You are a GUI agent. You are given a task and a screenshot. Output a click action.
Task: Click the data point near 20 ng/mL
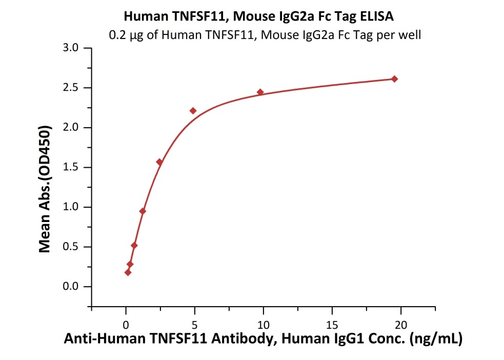tap(394, 79)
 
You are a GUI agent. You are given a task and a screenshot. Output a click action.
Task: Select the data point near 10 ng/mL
tap(260, 92)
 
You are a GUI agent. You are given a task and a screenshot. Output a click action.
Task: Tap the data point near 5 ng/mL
tap(193, 111)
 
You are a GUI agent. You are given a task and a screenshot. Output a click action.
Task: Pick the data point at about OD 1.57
tap(159, 162)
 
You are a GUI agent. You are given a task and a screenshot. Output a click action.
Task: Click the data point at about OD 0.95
tap(143, 211)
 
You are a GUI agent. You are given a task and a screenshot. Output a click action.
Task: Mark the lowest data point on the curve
tap(128, 272)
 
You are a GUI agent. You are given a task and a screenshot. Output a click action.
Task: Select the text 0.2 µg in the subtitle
tap(124, 36)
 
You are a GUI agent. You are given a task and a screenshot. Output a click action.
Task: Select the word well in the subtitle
tap(411, 36)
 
